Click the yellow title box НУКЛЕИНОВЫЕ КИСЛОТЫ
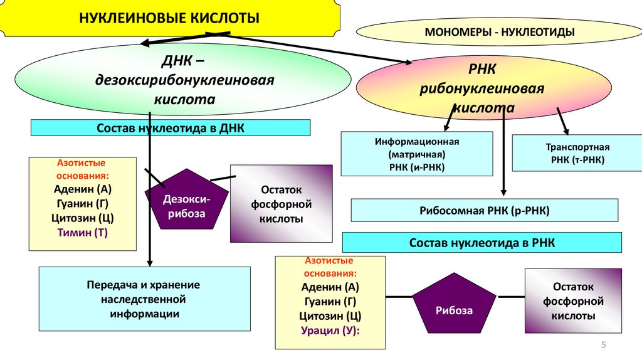coord(169,18)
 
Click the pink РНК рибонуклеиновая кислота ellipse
coord(483,88)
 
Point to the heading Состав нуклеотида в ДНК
coord(171,128)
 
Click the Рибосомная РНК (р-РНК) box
coord(484,211)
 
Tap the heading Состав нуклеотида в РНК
coord(481,243)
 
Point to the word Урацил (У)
coord(330,331)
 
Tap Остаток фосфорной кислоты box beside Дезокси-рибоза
coord(282,204)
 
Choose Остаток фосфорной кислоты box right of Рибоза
coord(573,301)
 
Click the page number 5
coord(604,345)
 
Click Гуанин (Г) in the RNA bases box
coord(330,302)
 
